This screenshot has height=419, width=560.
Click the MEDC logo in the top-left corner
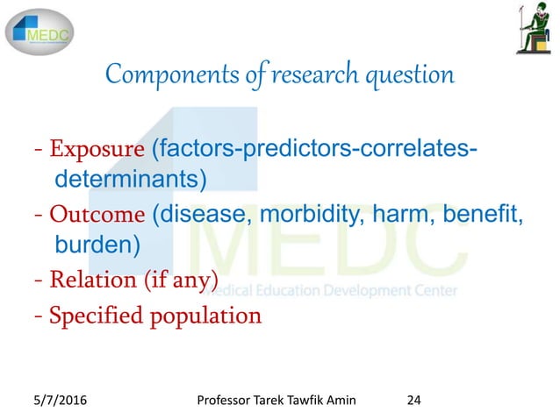(40, 32)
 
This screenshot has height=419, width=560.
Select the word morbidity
(321, 213)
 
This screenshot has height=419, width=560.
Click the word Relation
(88, 281)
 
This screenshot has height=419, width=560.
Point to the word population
(206, 315)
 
